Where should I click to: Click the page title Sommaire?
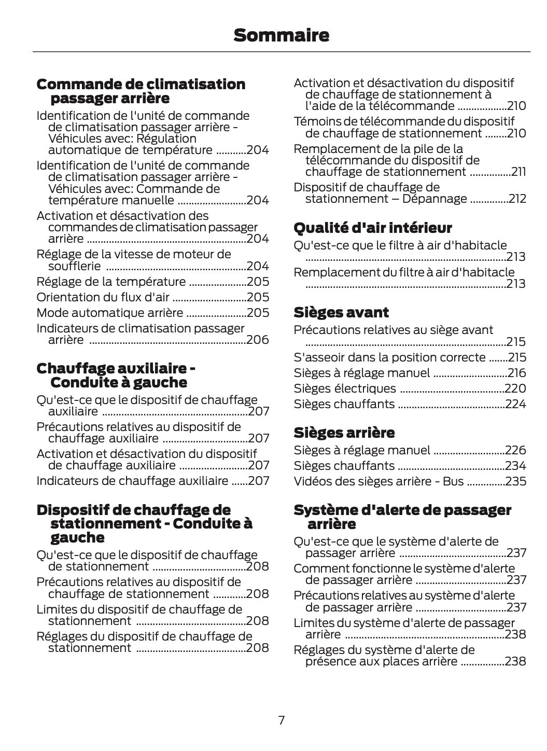point(281,35)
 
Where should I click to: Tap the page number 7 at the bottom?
point(281,720)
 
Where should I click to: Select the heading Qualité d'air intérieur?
point(372,228)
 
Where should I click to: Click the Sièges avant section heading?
point(341,312)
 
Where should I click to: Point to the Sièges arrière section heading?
point(344,433)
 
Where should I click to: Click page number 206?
point(258,340)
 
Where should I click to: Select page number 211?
point(518,172)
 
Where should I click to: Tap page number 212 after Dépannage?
point(517,199)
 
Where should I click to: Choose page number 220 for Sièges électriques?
point(515,388)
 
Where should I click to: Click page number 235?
point(515,481)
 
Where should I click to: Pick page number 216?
point(516,373)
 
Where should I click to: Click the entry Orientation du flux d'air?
point(103,297)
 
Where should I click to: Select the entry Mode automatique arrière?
point(109,313)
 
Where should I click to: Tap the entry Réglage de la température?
point(111,282)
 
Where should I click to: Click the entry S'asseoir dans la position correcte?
point(389,357)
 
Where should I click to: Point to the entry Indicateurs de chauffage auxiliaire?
point(132,481)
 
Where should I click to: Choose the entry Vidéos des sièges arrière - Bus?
point(378,481)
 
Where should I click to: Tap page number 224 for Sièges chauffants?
point(515,404)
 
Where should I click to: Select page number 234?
point(515,466)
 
